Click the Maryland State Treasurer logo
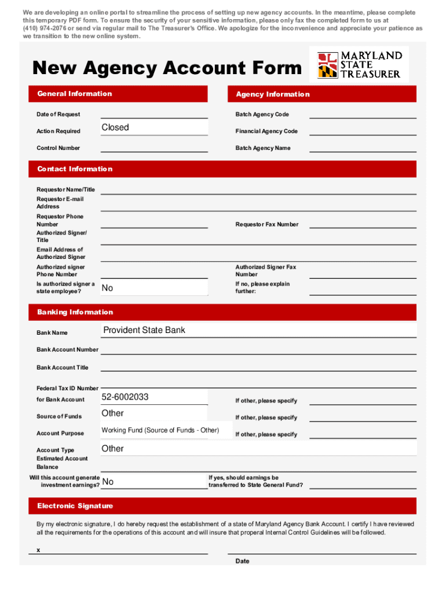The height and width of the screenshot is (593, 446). [x=359, y=64]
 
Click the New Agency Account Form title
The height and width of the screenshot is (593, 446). [x=167, y=68]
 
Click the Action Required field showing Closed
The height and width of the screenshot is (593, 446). [x=154, y=127]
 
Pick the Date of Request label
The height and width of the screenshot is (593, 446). [x=59, y=115]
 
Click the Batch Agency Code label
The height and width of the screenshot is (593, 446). [x=262, y=115]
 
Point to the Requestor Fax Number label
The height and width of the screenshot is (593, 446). [x=266, y=225]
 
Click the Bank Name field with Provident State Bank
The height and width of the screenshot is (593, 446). [x=258, y=330]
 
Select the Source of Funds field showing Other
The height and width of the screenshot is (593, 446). [x=154, y=413]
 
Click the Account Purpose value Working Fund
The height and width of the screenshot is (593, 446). [x=160, y=430]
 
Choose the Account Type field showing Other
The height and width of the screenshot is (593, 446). [x=258, y=449]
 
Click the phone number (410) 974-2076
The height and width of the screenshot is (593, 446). [x=45, y=28]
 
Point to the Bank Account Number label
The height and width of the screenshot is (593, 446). [x=67, y=350]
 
